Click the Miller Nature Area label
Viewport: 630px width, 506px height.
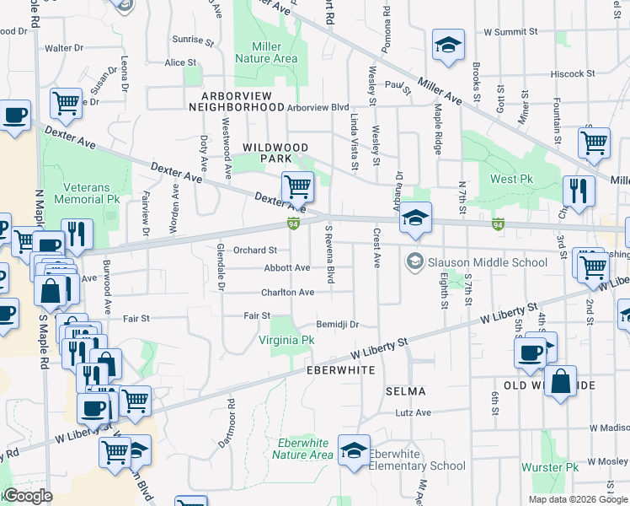point(265,51)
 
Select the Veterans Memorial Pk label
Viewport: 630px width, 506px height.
point(88,193)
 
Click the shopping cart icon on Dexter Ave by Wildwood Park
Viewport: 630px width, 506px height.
point(296,186)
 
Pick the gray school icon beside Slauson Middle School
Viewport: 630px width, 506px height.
point(414,261)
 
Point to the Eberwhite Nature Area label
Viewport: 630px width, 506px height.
point(302,449)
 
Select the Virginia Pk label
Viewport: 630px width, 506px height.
point(286,340)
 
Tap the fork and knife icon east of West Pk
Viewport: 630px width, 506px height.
point(579,190)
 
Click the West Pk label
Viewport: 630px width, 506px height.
point(512,180)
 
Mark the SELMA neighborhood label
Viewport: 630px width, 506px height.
point(405,391)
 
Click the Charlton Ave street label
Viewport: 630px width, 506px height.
point(287,292)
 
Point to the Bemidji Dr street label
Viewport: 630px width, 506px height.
point(338,324)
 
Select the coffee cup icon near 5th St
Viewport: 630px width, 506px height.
point(531,353)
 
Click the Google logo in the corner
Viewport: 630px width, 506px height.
point(27,496)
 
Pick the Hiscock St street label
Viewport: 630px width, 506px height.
point(573,74)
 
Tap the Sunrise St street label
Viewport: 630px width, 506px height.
point(188,40)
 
